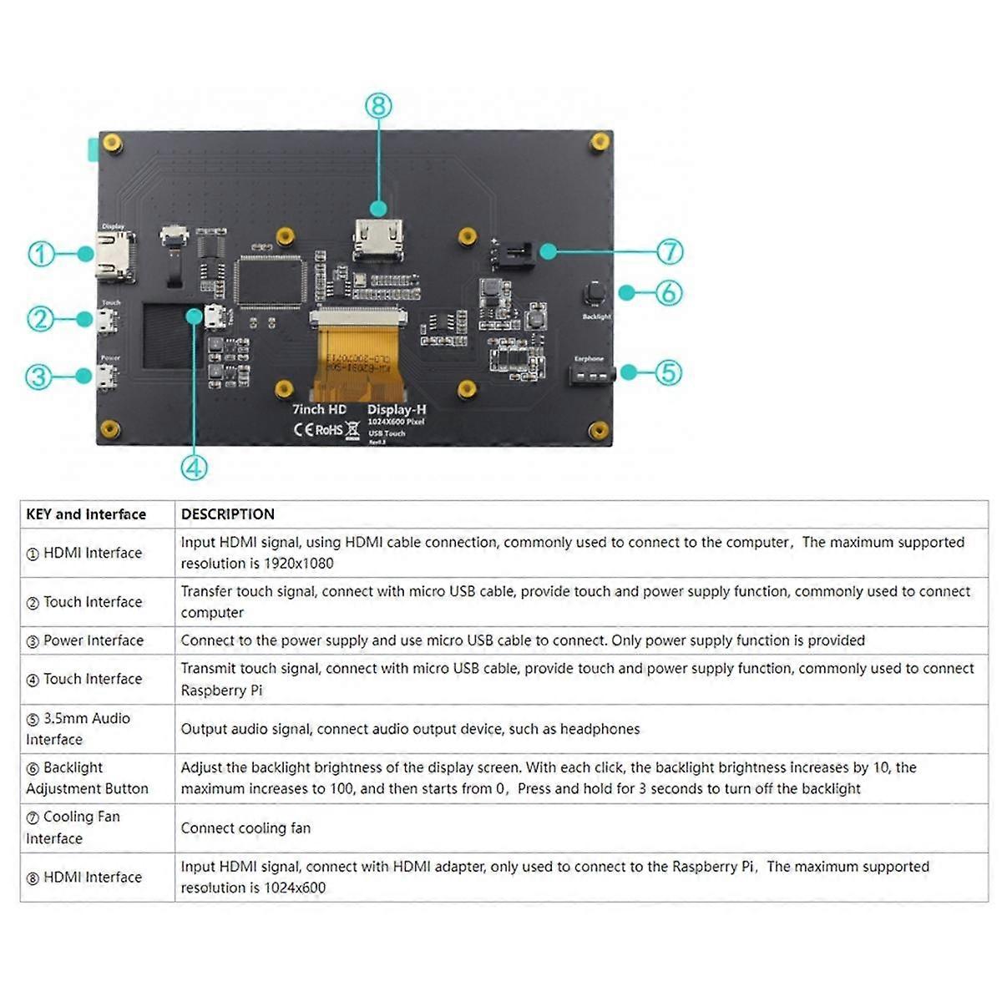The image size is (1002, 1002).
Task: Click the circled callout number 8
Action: tap(378, 106)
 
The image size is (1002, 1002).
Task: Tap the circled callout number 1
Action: tap(41, 254)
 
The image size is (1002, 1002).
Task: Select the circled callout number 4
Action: tap(194, 467)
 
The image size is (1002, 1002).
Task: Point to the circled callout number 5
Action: tap(668, 372)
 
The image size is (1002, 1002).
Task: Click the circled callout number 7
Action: tap(670, 251)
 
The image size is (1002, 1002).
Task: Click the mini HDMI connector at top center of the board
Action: tap(378, 238)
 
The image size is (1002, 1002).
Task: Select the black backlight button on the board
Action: tap(595, 293)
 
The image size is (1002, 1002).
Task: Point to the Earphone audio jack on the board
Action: tap(591, 375)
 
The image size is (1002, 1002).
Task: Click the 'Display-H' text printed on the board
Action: tap(397, 409)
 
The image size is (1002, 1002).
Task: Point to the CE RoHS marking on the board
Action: tap(318, 429)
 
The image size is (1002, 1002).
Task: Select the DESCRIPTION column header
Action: tap(228, 514)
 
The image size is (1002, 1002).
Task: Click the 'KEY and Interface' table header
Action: tap(86, 514)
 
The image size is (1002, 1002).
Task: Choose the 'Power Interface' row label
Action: tap(93, 640)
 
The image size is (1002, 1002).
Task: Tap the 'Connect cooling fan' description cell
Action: tap(245, 828)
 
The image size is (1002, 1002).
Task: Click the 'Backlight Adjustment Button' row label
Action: tap(87, 778)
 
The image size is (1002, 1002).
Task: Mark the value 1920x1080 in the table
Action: tap(298, 564)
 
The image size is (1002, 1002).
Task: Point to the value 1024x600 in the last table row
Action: tap(294, 888)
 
